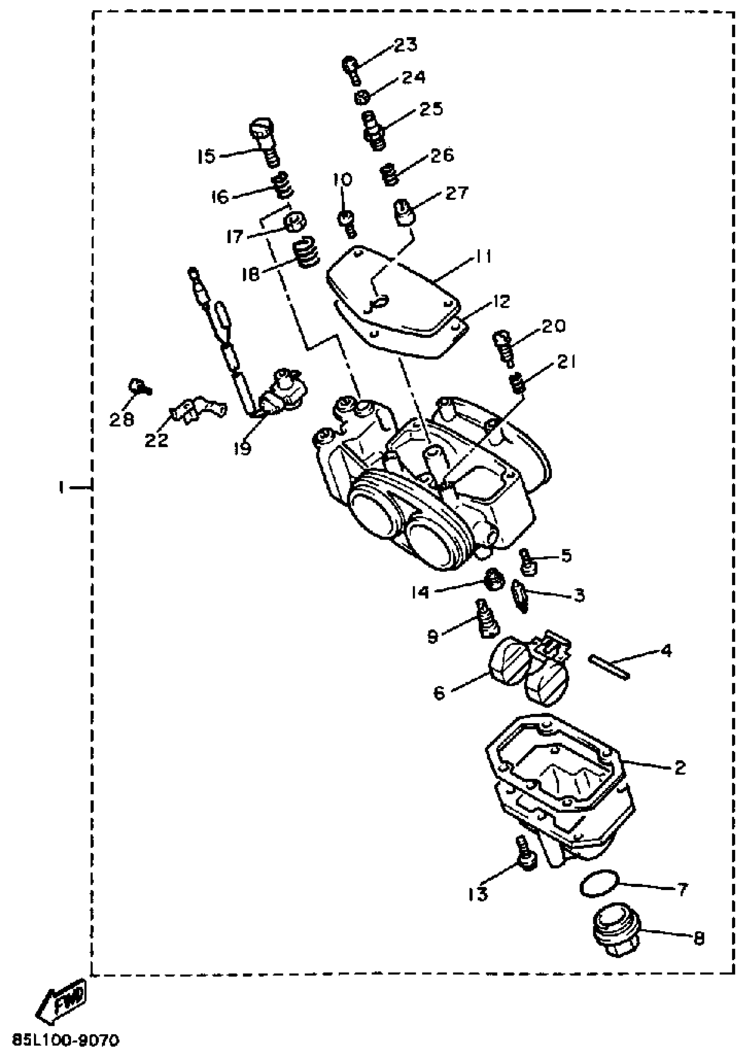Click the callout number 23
coord(405,45)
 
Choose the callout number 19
coord(242,447)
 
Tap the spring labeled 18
coord(306,252)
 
